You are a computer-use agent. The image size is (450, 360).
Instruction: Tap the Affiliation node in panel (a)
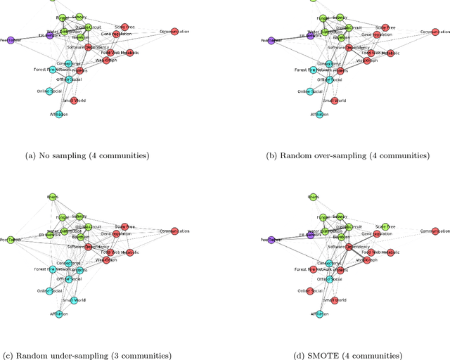(x=58, y=114)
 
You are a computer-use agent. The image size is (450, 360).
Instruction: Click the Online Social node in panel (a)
(x=49, y=91)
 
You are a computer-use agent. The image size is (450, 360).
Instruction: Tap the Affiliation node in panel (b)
(x=319, y=114)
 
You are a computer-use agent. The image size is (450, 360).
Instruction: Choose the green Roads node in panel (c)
(x=52, y=198)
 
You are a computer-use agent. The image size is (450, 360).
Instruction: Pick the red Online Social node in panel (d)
(x=310, y=290)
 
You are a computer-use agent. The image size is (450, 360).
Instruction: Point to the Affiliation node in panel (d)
(x=319, y=314)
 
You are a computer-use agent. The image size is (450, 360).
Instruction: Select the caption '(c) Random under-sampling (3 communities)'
(x=87, y=355)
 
